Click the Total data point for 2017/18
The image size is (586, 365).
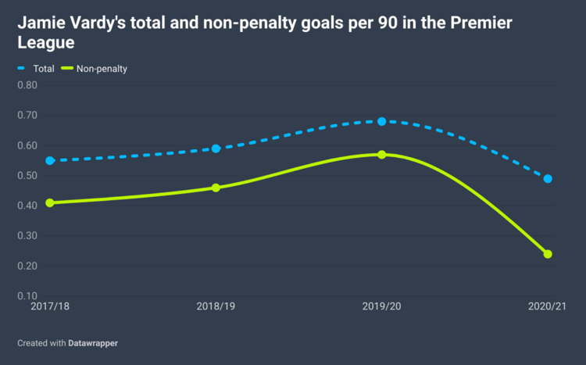50,160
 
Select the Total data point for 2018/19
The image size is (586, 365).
216,149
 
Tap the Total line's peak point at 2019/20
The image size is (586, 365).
382,121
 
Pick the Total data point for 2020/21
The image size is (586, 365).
548,179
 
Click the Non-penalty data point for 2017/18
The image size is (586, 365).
50,202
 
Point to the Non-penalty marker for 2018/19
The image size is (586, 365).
216,188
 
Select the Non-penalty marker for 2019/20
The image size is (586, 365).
382,155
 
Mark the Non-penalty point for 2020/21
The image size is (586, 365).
548,254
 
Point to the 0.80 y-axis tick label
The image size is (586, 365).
27,85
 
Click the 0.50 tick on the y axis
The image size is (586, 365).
27,175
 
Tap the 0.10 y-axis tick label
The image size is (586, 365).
27,296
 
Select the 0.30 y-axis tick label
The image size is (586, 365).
27,236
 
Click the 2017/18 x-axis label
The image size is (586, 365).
50,307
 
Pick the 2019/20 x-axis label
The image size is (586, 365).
382,307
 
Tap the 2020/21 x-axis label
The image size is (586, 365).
546,307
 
